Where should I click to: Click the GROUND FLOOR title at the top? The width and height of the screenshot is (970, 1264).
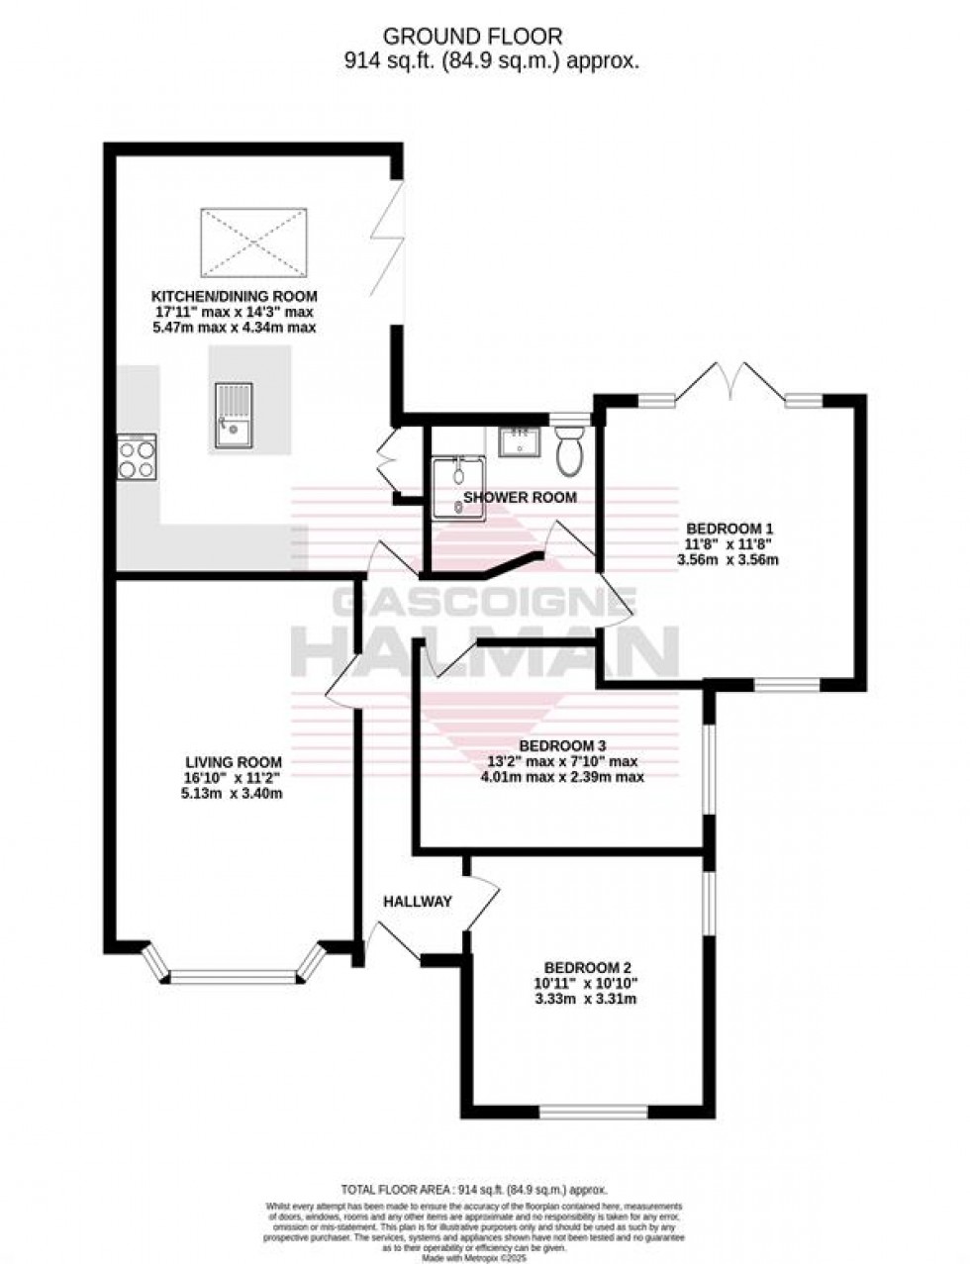tap(473, 37)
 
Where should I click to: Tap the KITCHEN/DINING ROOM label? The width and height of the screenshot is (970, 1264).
tap(234, 296)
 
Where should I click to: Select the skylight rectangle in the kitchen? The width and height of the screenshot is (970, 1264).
tap(254, 241)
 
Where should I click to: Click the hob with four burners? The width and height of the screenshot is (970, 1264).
tap(137, 457)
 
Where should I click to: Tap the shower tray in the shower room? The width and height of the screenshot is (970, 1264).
tap(457, 486)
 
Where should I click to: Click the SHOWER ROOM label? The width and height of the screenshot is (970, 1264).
tap(521, 498)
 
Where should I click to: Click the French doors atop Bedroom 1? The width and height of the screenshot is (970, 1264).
tap(731, 381)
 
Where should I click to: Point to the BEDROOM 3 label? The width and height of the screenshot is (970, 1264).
tap(562, 745)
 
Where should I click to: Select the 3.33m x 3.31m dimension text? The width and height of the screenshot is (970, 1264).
tap(589, 999)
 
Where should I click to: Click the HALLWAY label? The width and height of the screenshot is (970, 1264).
tap(418, 901)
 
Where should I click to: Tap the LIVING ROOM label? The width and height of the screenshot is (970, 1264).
tap(234, 761)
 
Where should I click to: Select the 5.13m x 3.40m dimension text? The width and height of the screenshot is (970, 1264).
tap(234, 793)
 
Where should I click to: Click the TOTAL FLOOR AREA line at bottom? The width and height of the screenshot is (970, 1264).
tap(473, 1190)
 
